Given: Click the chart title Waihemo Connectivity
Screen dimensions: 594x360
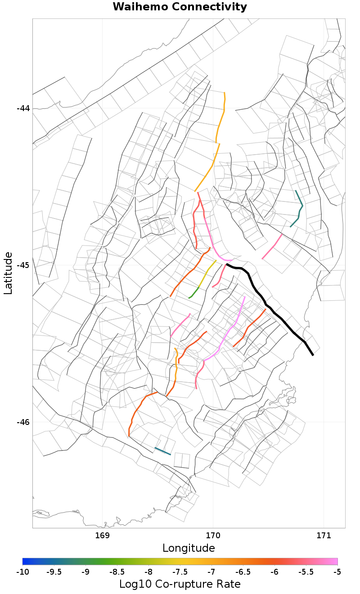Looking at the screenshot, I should coord(180,7).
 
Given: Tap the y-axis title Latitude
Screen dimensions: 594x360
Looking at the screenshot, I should coord(8,273).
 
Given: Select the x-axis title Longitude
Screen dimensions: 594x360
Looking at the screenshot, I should coord(189,548).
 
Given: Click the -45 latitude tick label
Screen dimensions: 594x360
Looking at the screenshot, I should coord(23,265).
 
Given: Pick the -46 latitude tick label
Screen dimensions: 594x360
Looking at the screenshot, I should coord(23,422).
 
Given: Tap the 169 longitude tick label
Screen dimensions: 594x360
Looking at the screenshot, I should coord(103,536).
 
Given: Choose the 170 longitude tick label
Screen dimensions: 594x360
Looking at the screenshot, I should coord(213,536).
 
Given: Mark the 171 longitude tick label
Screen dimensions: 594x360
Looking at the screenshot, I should coord(324,536).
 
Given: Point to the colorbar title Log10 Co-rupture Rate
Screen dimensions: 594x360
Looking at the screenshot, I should coord(180,584).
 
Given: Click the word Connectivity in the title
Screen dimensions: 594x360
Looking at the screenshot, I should coord(211,7).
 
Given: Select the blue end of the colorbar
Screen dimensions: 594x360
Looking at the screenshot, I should coord(25,561).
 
